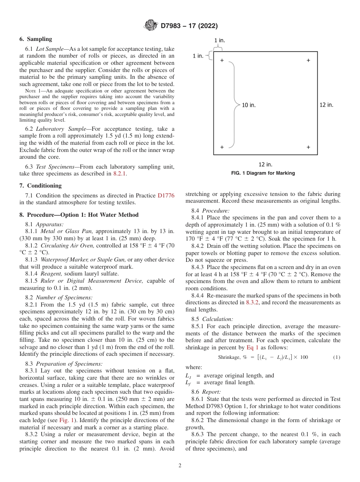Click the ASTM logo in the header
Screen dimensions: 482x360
pos(151,26)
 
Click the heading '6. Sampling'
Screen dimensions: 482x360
pos(36,39)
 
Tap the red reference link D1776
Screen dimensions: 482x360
pos(166,196)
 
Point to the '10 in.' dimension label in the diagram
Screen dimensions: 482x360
pos(249,105)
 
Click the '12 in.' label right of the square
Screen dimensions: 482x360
pos(326,105)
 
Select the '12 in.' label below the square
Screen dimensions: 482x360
pos(265,164)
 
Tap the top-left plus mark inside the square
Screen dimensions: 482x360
pos(222,60)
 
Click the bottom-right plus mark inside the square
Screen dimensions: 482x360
pos(308,147)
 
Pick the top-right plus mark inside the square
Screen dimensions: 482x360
pos(308,60)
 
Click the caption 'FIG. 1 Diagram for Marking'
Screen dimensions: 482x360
pos(263,173)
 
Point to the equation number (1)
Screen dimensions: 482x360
pos(337,357)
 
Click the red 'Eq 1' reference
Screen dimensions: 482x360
pos(252,347)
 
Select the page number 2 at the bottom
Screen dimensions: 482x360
pos(180,466)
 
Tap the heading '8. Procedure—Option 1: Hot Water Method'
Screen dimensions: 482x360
pos(79,215)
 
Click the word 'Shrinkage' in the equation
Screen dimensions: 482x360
pos(229,357)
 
